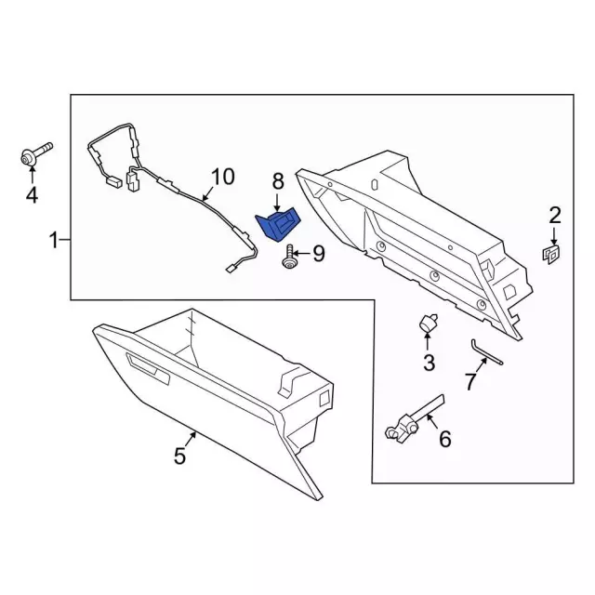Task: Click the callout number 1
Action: (54, 240)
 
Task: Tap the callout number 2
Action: (554, 216)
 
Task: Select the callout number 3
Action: (429, 363)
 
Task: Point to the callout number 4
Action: (32, 195)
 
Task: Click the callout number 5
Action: (179, 456)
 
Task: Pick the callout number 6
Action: (444, 439)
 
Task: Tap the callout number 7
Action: (470, 382)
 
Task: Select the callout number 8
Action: (278, 181)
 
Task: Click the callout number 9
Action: (319, 254)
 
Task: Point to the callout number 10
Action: (223, 177)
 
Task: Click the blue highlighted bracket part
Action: (278, 225)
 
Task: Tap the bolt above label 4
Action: (35, 153)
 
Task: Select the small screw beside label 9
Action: (289, 258)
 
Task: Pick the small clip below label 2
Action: (551, 254)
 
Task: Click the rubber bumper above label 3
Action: (428, 323)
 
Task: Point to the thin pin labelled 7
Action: (486, 351)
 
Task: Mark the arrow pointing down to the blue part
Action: (277, 203)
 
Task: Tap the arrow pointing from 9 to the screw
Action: (302, 254)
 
